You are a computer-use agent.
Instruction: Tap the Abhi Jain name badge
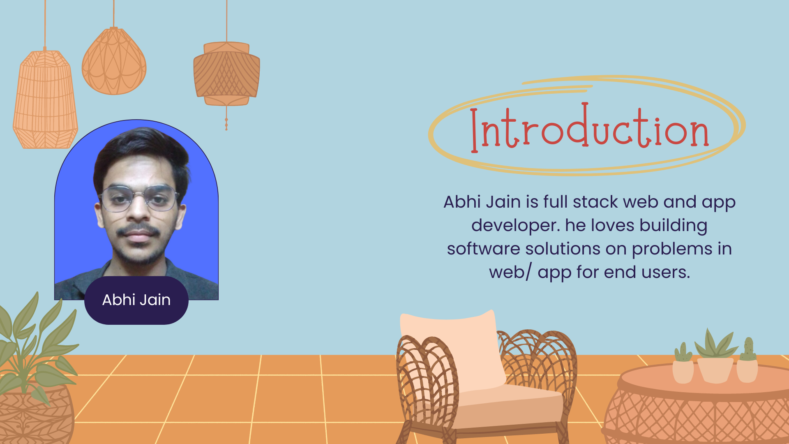[136, 300]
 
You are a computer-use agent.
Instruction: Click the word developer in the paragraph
[515, 225]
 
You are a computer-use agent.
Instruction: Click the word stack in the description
[595, 202]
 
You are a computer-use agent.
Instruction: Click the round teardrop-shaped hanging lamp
[114, 62]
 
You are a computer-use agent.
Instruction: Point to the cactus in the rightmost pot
[748, 349]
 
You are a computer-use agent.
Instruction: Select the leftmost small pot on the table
[683, 371]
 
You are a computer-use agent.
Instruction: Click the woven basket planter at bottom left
[35, 415]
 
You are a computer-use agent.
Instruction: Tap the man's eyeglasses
[139, 198]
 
